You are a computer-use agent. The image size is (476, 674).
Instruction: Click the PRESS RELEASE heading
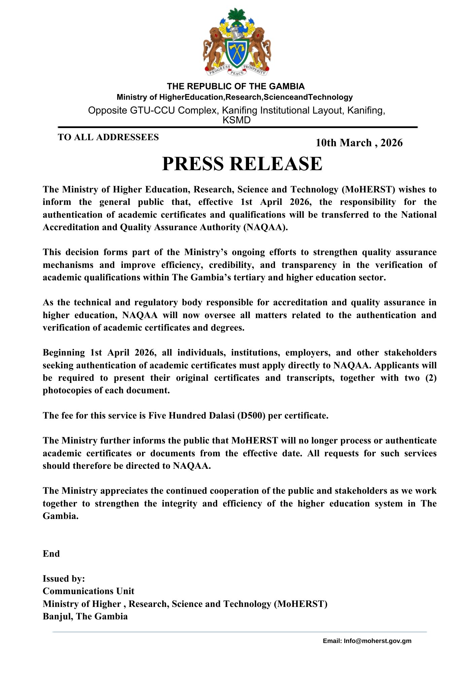[x=242, y=164]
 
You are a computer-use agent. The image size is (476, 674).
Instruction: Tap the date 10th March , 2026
[x=359, y=143]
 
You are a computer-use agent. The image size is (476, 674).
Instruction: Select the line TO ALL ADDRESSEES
[x=108, y=137]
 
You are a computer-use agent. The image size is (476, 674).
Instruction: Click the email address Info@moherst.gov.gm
[x=377, y=641]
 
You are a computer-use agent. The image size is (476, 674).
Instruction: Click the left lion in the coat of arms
[x=214, y=47]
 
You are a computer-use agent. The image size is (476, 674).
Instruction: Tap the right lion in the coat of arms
[x=260, y=47]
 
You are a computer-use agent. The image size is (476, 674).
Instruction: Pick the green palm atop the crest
[x=237, y=15]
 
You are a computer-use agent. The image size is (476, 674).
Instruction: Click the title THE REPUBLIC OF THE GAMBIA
[x=236, y=86]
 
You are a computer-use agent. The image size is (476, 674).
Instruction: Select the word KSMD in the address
[x=237, y=120]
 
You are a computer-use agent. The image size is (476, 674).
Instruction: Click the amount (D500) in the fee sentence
[x=251, y=416]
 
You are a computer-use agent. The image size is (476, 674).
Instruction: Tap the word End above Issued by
[x=51, y=554]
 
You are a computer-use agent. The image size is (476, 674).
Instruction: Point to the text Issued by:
[x=64, y=579]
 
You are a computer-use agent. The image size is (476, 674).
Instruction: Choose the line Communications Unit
[x=88, y=591]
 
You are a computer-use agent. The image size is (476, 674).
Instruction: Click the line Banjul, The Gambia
[x=85, y=616]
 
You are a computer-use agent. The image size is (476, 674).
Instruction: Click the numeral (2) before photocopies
[x=431, y=378]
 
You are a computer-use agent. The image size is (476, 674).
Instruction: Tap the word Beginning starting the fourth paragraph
[x=64, y=353]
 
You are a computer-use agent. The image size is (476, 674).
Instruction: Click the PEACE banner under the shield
[x=237, y=72]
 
